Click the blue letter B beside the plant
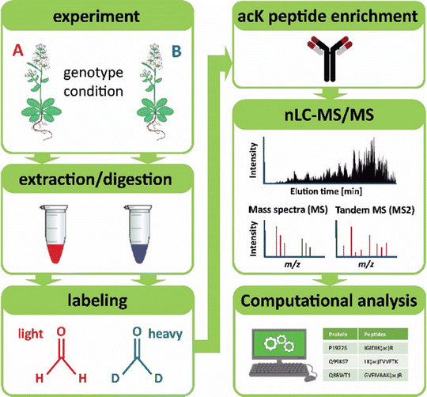[x=198, y=55]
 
